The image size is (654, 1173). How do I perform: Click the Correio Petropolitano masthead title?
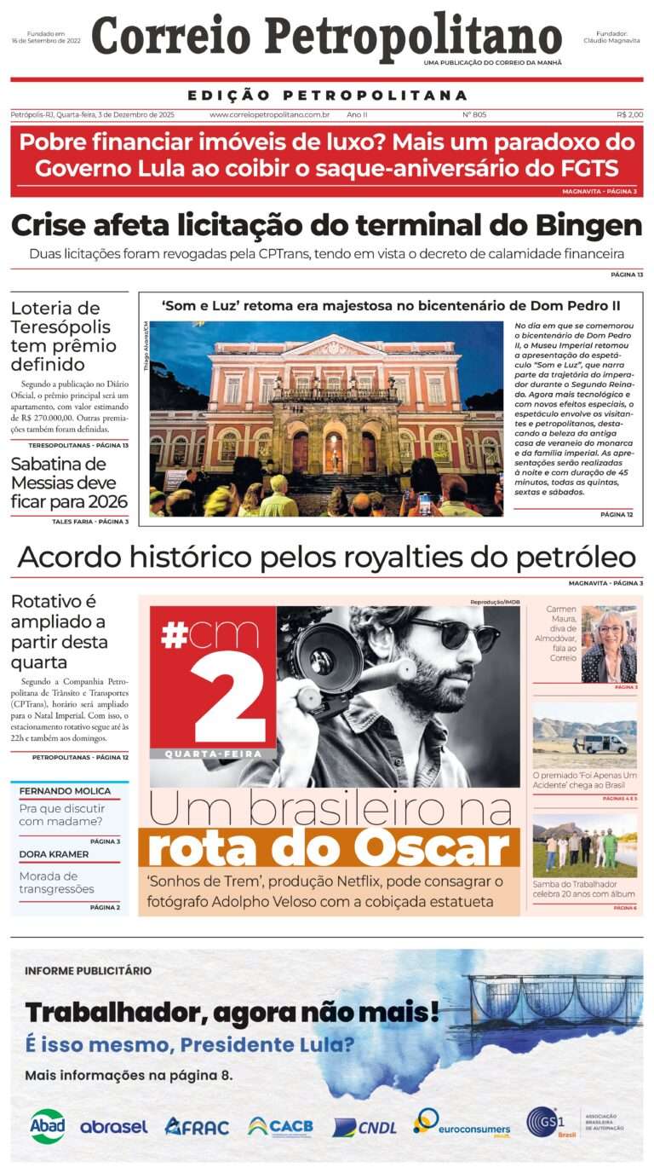tap(326, 38)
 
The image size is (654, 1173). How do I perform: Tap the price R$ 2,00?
tap(629, 114)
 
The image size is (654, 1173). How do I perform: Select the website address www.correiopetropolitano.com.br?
tap(270, 114)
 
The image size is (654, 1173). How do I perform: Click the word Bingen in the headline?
tap(588, 226)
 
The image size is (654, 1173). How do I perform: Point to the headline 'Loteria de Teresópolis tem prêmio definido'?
tap(64, 335)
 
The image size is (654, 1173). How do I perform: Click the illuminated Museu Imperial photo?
tap(326, 419)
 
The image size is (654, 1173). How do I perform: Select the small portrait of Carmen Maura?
tap(608, 644)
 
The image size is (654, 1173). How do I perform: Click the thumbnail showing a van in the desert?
tap(584, 734)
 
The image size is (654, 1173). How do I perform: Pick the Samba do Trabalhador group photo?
tap(584, 845)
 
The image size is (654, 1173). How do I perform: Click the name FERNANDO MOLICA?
tap(65, 791)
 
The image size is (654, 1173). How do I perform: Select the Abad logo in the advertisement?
tap(47, 1125)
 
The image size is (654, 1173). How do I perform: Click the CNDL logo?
tap(364, 1127)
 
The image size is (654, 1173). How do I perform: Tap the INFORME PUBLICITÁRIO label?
tap(89, 970)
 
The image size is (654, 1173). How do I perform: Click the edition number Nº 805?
tap(474, 114)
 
